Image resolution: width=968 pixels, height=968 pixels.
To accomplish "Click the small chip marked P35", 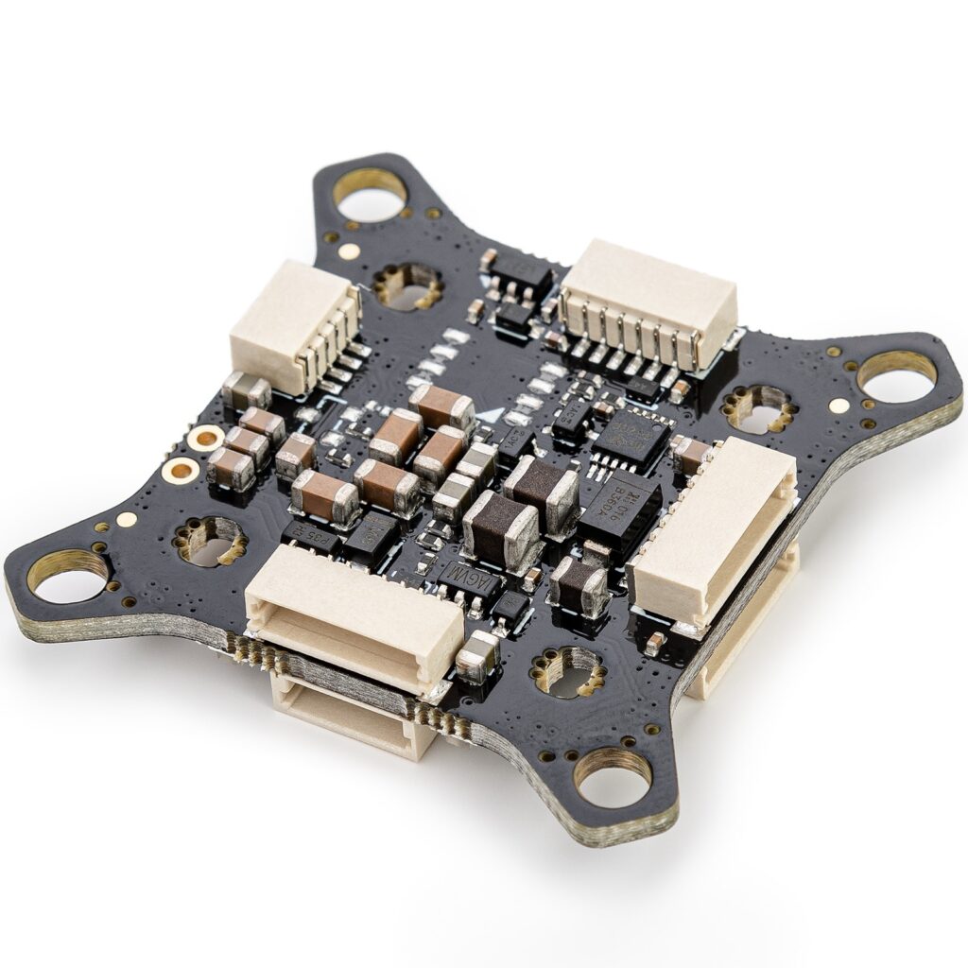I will (312, 539).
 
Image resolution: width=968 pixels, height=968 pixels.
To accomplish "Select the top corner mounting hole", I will (370, 196).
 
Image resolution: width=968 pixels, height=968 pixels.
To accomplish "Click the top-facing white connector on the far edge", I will (649, 301).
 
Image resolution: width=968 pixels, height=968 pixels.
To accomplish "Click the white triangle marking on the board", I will (488, 412).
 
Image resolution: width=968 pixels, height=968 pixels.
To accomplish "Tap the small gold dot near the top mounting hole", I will (349, 251).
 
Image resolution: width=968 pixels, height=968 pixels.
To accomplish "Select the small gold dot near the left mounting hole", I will (125, 519).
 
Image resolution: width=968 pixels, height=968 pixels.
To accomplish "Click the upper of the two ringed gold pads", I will (204, 438).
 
